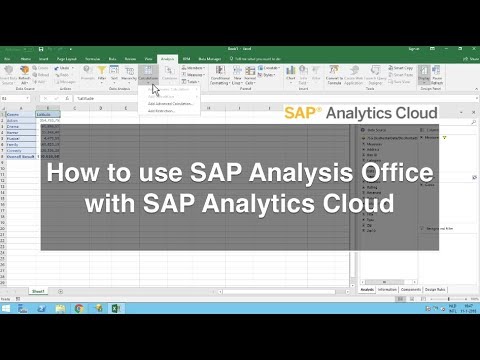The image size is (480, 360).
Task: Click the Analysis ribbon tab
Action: (167, 58)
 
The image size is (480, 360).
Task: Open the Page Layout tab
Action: (68, 58)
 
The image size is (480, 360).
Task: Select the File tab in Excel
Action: (7, 58)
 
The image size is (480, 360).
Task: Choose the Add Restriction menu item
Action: (161, 111)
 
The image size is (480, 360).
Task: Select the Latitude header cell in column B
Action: (46, 115)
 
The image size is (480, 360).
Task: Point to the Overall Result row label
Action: (18, 157)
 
